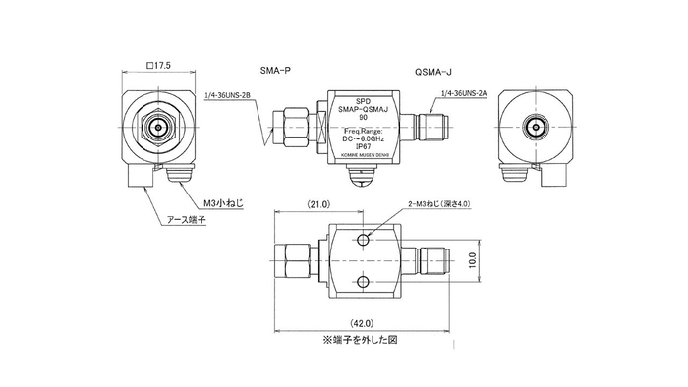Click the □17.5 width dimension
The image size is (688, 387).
pyautogui.click(x=158, y=65)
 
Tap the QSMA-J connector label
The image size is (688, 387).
pyautogui.click(x=433, y=71)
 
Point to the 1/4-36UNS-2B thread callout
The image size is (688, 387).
pyautogui.click(x=229, y=96)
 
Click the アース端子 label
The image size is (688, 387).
pyautogui.click(x=195, y=223)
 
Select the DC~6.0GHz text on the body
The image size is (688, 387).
pyautogui.click(x=363, y=138)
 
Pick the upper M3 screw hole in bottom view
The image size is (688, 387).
pyautogui.click(x=363, y=240)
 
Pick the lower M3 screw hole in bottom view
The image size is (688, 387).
pyautogui.click(x=363, y=284)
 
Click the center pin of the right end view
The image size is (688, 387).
pyautogui.click(x=537, y=127)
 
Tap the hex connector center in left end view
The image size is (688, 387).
pyautogui.click(x=157, y=127)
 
